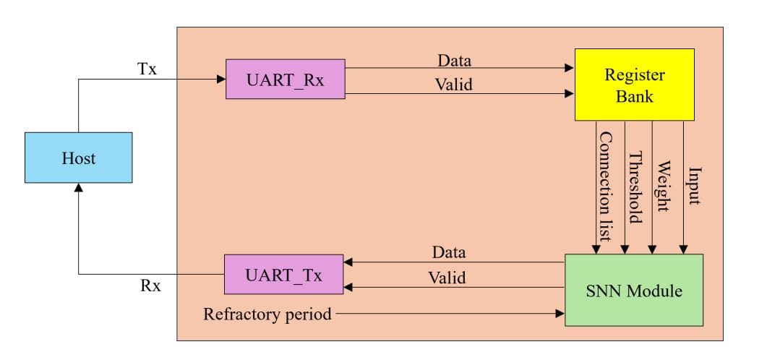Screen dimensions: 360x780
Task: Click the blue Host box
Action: point(78,158)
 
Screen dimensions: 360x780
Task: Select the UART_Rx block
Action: point(285,80)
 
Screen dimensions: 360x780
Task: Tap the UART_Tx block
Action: point(283,274)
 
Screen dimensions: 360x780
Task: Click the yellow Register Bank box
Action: point(634,85)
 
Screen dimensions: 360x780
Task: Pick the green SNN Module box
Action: point(633,291)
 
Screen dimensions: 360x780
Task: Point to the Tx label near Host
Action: point(147,69)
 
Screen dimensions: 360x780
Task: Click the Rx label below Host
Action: point(150,286)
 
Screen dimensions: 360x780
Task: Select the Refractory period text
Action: point(267,314)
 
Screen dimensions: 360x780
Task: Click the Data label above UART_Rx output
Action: point(454,60)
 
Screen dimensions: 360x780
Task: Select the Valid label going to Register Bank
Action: point(453,85)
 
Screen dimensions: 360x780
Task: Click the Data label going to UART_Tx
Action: point(449,252)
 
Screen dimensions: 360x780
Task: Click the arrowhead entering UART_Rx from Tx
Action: point(222,80)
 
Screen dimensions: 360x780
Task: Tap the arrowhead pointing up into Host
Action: point(78,188)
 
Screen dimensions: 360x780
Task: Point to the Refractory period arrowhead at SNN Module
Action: point(560,314)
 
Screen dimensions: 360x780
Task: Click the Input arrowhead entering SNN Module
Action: point(683,249)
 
